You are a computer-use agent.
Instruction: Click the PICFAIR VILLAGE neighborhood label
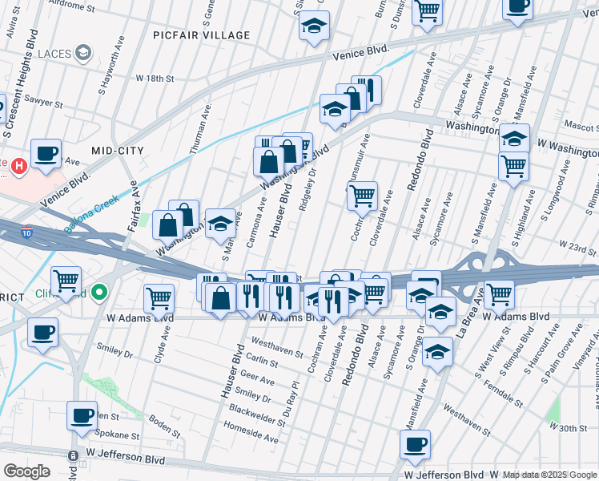[x=203, y=35]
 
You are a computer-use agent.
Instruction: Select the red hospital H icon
[x=21, y=166]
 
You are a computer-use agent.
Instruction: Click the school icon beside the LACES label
[x=82, y=53]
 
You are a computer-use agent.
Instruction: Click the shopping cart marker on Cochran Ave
[x=362, y=195]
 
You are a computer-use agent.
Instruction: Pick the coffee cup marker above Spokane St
[x=82, y=415]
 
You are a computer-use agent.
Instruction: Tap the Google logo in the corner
[x=26, y=471]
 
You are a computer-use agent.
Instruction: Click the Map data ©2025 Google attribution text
[x=550, y=475]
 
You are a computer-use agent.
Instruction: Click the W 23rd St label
[x=577, y=250]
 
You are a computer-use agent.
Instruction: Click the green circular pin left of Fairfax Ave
[x=100, y=293]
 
